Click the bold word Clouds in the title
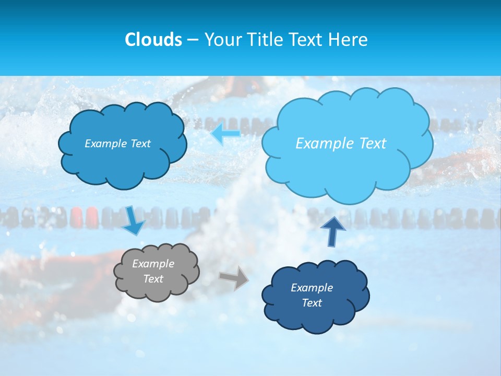[x=153, y=40]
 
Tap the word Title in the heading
[x=263, y=40]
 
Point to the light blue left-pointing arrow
[x=225, y=134]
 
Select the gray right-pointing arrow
[x=234, y=277]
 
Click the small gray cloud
[x=157, y=272]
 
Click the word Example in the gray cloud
[x=153, y=264]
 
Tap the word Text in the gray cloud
[x=153, y=279]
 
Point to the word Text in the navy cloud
[x=312, y=303]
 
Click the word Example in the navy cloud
[x=312, y=288]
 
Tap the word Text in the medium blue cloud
[x=140, y=144]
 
